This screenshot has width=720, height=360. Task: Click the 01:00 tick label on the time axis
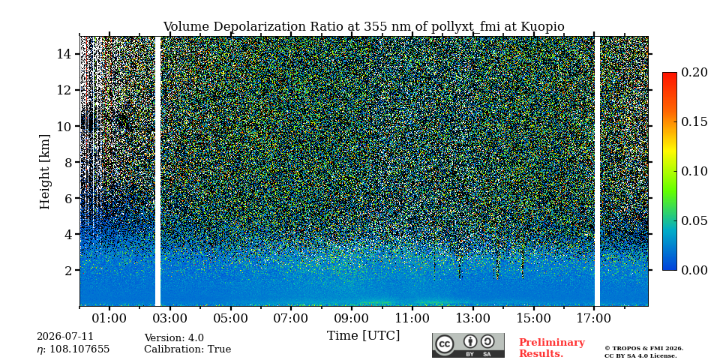point(109,318)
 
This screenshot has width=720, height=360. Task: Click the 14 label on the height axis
point(64,54)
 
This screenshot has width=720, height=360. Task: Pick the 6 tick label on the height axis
point(67,198)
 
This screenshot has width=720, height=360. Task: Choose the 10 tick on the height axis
point(64,126)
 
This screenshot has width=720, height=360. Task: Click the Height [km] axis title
point(44,172)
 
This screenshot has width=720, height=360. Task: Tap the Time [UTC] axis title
point(363,336)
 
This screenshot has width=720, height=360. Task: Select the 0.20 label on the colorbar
point(694,72)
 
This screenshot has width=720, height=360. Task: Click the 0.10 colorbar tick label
point(694,171)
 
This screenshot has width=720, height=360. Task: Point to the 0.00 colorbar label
point(694,270)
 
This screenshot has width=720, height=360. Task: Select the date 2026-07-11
point(65,337)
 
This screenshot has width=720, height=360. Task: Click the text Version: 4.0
point(174,338)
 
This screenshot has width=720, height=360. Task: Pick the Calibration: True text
point(187,349)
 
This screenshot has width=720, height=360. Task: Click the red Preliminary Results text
point(552,347)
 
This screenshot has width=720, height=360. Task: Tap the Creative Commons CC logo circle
point(445,345)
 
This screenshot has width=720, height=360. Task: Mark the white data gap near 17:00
point(598,171)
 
